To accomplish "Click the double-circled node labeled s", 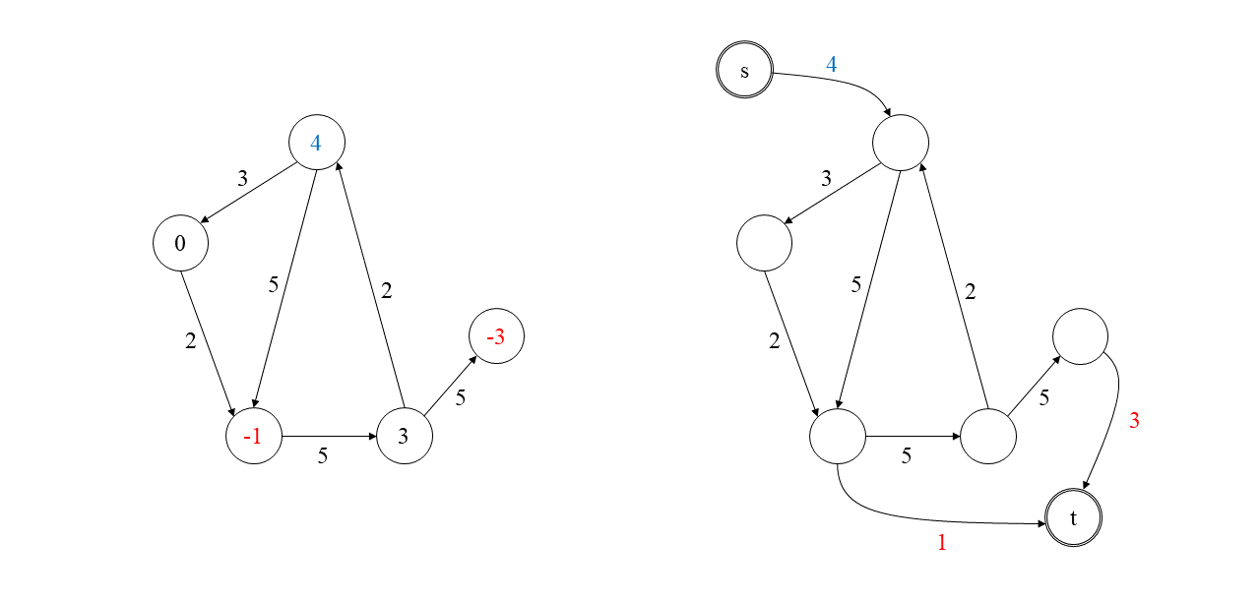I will pyautogui.click(x=744, y=72).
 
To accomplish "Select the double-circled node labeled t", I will pyautogui.click(x=1073, y=517).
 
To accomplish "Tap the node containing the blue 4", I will pyautogui.click(x=316, y=143).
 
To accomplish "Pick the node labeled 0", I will pyautogui.click(x=180, y=243).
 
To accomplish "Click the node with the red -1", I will pyautogui.click(x=254, y=437).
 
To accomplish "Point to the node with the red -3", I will pyautogui.click(x=496, y=337).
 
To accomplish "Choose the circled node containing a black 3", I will pyautogui.click(x=404, y=436).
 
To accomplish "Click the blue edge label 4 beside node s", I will pyautogui.click(x=831, y=65).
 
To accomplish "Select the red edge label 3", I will pyautogui.click(x=1134, y=421).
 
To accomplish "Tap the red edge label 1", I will pyautogui.click(x=941, y=542).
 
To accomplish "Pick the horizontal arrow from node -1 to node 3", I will pyautogui.click(x=329, y=436).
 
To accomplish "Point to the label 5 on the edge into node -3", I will pyautogui.click(x=460, y=398).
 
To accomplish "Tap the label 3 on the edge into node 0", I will pyautogui.click(x=242, y=179).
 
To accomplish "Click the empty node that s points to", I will pyautogui.click(x=900, y=144).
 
